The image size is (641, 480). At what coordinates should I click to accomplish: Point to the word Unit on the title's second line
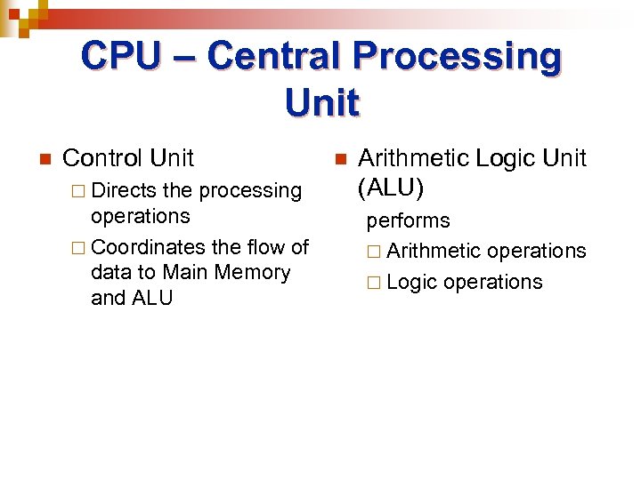coord(321,103)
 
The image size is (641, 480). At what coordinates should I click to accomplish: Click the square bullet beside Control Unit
coord(43,160)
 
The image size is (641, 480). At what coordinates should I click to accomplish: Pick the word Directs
coord(124,190)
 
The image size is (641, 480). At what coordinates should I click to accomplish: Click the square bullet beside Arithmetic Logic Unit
coord(338,160)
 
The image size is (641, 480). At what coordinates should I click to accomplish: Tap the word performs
coord(408,220)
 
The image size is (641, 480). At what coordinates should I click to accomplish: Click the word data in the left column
coord(110,272)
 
